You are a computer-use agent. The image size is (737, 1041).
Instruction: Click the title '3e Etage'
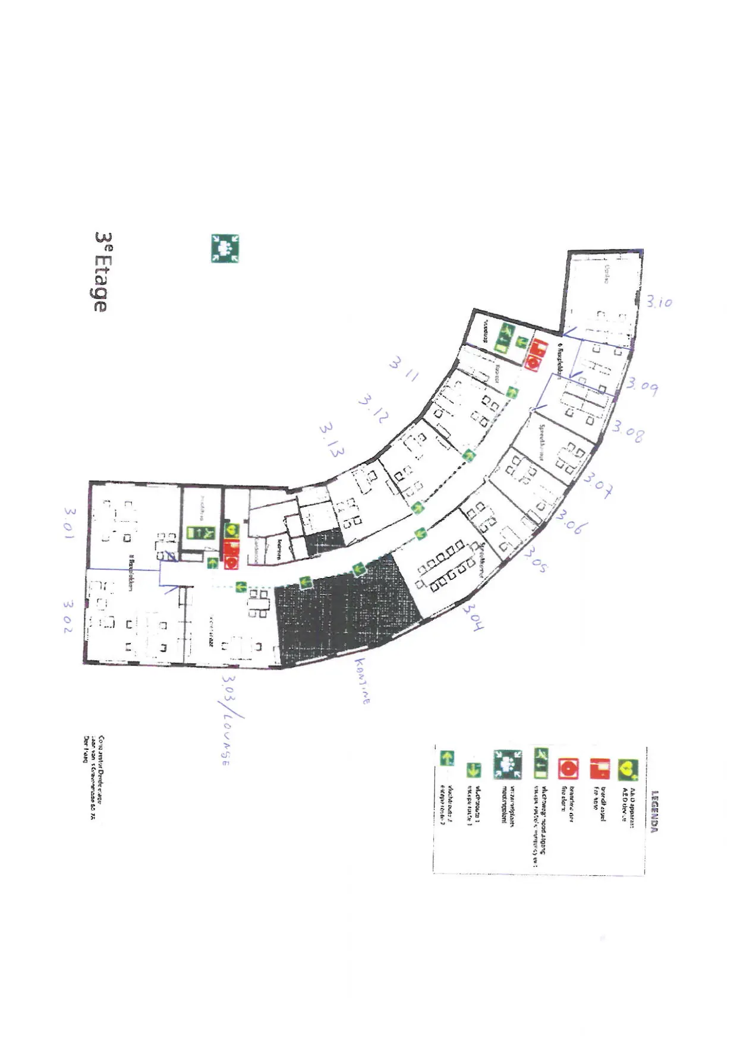click(x=102, y=272)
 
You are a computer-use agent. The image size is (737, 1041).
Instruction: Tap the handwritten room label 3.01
click(x=70, y=523)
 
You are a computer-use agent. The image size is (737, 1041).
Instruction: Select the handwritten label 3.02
click(x=69, y=616)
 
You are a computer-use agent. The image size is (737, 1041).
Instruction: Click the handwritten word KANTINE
click(x=363, y=680)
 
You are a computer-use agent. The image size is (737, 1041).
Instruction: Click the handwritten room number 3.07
click(x=598, y=484)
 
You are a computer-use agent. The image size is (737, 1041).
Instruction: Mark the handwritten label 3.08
click(x=628, y=431)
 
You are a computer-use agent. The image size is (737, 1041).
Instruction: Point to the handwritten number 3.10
click(x=659, y=302)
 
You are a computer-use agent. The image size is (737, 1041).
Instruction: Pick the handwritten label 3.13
click(x=332, y=440)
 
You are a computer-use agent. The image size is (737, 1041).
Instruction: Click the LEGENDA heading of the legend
click(x=654, y=811)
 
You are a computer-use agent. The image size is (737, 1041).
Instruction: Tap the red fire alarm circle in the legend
click(x=568, y=769)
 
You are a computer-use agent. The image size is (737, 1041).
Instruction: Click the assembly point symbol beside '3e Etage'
click(x=225, y=248)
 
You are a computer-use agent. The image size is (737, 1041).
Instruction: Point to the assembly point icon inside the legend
click(x=508, y=764)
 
